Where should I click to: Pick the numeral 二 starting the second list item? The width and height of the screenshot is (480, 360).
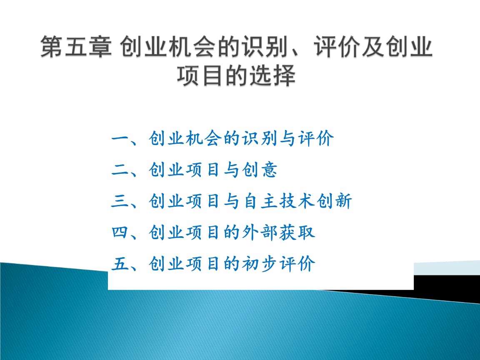coord(121,170)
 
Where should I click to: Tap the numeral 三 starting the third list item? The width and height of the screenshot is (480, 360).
coord(121,202)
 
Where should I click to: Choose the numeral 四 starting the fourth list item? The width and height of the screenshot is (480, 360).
coord(121,232)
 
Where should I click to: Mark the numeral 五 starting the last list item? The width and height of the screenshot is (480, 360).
coord(121,264)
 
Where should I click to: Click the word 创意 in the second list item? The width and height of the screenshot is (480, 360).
coord(260,170)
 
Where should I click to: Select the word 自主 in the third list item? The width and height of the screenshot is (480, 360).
coord(260,202)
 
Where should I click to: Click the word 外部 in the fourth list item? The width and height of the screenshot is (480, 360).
coord(260,232)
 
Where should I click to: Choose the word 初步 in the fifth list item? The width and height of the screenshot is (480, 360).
coord(260,264)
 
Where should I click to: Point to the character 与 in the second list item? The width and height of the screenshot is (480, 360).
coord(232,170)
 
